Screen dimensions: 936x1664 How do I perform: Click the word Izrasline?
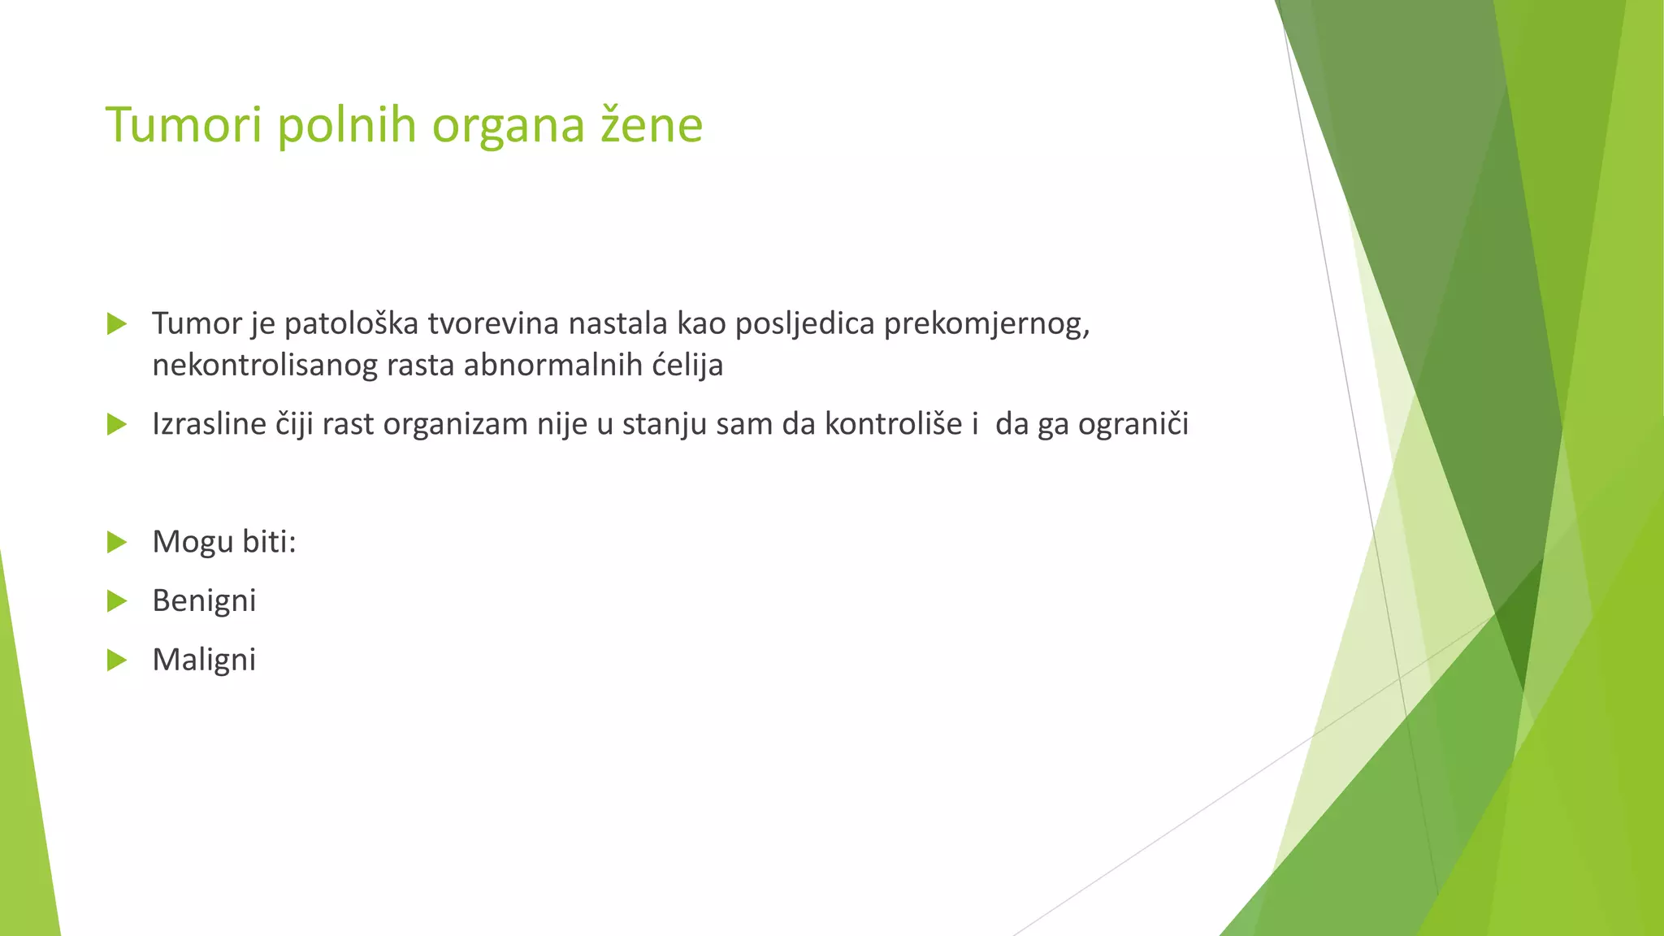click(209, 424)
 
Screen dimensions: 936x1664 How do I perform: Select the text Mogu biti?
click(224, 542)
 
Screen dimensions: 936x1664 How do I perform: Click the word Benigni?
click(204, 601)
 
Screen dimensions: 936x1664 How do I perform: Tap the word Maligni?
click(204, 660)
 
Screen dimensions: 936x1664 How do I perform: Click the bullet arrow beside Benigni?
click(117, 601)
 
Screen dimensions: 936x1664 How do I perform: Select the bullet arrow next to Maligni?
click(117, 661)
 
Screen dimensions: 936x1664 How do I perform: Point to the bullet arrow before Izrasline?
click(117, 424)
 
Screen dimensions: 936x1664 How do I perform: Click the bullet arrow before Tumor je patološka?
click(117, 324)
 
